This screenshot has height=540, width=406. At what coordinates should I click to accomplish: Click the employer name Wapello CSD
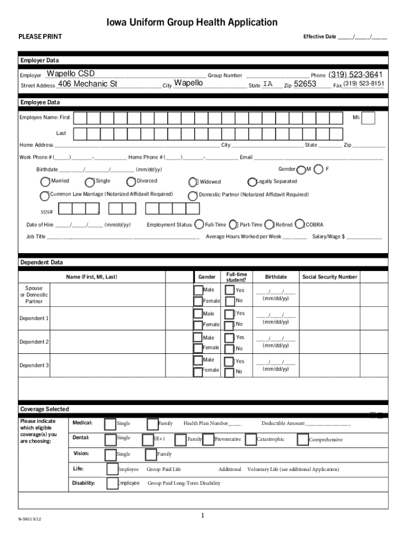71,73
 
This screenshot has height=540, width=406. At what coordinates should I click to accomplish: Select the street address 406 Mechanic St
87,84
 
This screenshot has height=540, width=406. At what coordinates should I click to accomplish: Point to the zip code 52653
305,84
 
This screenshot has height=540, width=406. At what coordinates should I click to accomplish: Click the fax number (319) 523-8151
364,84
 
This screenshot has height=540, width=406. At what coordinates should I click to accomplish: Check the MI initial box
369,118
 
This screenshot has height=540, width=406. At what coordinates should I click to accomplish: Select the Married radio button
44,181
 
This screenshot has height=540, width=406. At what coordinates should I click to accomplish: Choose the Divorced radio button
130,181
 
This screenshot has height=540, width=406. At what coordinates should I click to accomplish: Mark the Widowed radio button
193,182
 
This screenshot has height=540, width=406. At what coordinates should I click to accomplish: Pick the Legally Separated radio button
252,182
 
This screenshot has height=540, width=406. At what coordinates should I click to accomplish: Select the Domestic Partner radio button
193,196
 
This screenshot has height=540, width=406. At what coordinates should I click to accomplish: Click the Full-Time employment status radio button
199,225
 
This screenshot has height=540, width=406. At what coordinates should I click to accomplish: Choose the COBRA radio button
300,225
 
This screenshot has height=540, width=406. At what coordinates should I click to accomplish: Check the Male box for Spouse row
198,290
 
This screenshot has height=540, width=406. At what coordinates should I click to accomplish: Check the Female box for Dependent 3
198,371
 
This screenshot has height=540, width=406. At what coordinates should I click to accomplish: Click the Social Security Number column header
330,277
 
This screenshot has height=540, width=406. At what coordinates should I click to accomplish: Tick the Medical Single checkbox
110,424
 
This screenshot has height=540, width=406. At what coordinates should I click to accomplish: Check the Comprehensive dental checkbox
303,439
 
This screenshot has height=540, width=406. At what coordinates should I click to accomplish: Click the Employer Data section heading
40,61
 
